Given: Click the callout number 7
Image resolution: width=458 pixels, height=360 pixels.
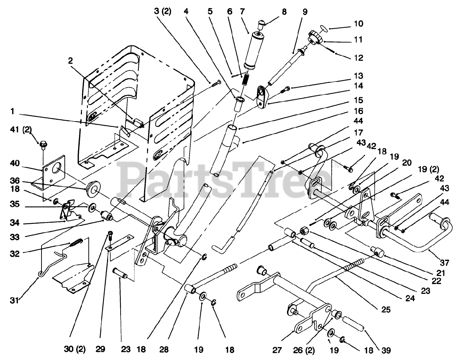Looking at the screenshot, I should coord(242,11).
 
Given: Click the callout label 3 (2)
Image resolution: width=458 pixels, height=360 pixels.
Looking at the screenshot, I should coord(163,11).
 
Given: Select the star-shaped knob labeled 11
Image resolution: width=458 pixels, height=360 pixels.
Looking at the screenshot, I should coord(314,38).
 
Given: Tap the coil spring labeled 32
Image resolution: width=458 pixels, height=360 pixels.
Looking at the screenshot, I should coord(76,243).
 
